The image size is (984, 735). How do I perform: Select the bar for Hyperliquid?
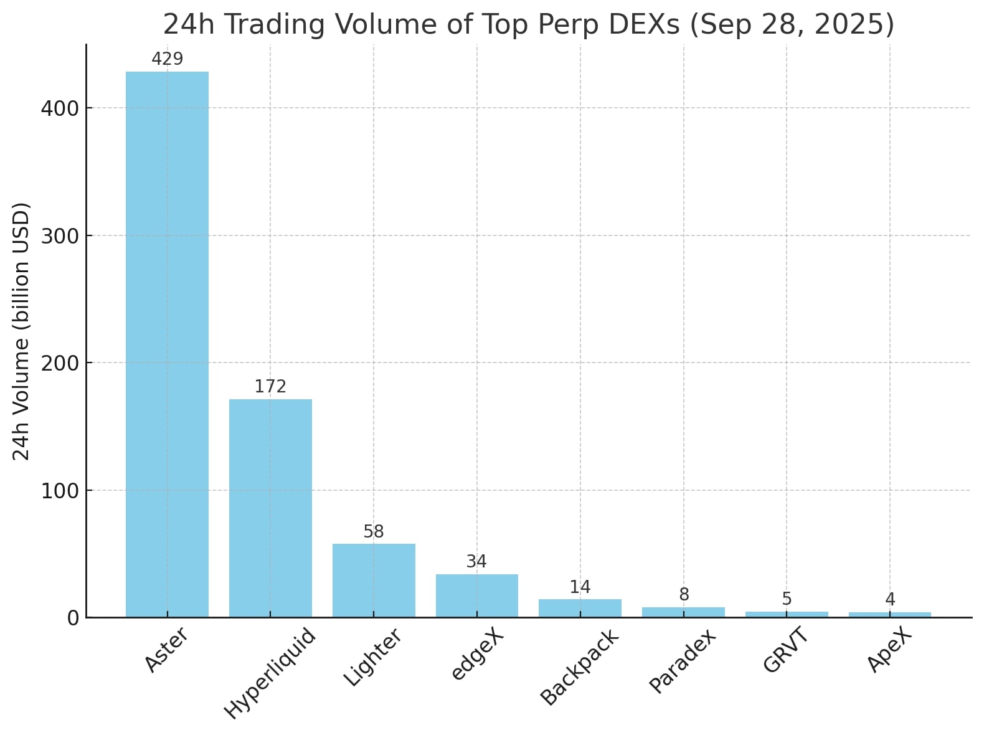pos(270,508)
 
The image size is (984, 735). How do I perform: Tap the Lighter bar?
pos(374,580)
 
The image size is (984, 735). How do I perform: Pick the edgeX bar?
pos(476,595)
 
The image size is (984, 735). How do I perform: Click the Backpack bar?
pos(580,608)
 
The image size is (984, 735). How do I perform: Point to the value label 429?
pos(167,59)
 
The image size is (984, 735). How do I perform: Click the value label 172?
pos(270,387)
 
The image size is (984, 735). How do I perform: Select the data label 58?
pos(374,532)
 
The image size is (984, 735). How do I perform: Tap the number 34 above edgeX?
pos(476,562)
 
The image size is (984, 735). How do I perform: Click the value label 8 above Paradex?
pos(684,595)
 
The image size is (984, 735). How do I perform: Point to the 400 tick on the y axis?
pos(60,108)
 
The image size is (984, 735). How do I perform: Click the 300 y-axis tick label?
pos(60,236)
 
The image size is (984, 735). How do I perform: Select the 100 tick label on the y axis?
pos(60,491)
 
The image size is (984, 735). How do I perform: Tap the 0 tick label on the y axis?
pos(73,618)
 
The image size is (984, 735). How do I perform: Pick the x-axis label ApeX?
pos(889,650)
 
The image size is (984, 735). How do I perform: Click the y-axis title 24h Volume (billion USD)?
pos(22,331)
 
